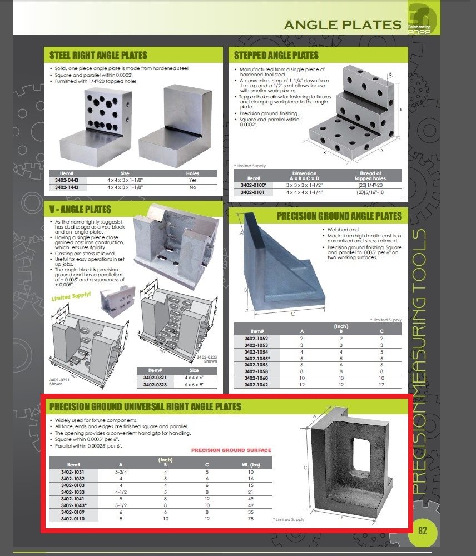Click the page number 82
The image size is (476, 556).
[422, 530]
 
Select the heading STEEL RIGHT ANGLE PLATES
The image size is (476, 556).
[98, 55]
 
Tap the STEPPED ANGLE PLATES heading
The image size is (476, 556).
[276, 55]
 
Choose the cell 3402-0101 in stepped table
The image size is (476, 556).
[252, 192]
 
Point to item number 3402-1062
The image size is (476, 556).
[256, 385]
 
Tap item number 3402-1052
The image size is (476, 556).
[256, 338]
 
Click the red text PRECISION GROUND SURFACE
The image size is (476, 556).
[231, 450]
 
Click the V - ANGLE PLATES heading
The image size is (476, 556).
[80, 210]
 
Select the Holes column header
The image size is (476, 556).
[192, 173]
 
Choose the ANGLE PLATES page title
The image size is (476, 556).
[343, 24]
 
